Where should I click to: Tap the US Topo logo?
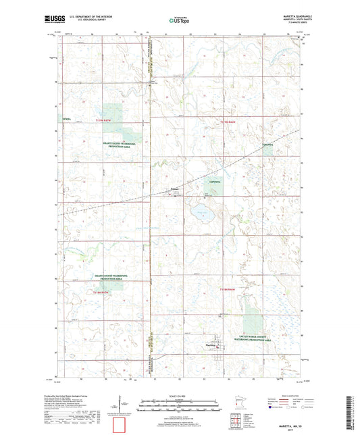tap(174, 21)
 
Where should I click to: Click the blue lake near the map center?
tap(201, 213)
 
